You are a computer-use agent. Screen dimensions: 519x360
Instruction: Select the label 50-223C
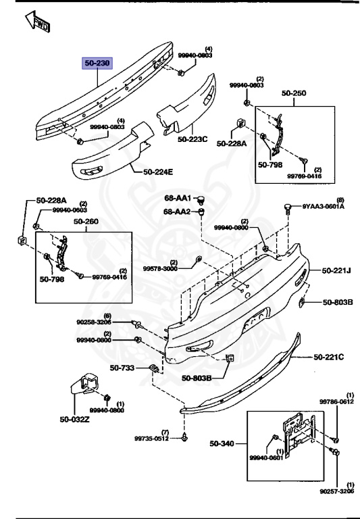[192, 139]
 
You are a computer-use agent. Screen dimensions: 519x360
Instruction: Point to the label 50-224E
[158, 172]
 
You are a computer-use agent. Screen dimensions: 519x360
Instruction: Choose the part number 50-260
[86, 220]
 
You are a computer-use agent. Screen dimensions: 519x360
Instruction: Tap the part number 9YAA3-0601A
[323, 207]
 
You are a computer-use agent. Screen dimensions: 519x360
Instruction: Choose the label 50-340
[222, 443]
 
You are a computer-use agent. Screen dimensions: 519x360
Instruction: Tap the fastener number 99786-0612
[336, 401]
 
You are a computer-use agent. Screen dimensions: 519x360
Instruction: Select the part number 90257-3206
[336, 492]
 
